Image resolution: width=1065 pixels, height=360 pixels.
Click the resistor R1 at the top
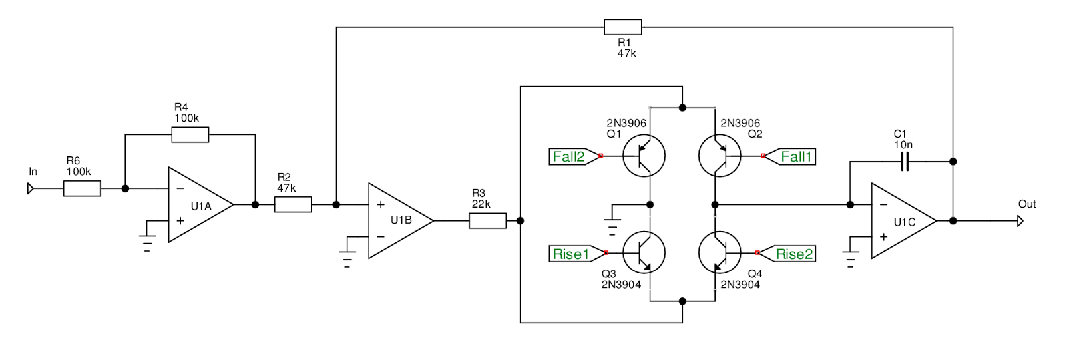[622, 27]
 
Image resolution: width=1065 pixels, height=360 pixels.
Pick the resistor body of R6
[82, 189]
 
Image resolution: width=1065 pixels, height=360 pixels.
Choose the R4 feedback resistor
[190, 135]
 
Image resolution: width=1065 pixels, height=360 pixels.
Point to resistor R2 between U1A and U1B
[293, 204]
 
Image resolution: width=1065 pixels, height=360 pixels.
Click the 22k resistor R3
[487, 220]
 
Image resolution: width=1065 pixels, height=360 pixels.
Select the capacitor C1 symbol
[904, 161]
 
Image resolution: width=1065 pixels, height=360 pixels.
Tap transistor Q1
[644, 156]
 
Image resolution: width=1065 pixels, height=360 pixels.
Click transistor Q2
[720, 156]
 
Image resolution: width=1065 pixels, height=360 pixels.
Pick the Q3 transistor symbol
[644, 253]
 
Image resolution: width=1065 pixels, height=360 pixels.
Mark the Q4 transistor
[720, 253]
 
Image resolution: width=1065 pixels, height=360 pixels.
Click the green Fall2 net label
[569, 156]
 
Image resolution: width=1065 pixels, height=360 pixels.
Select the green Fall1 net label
[796, 156]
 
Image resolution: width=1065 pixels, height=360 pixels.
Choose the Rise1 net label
[572, 254]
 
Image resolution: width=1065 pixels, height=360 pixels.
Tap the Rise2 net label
[793, 254]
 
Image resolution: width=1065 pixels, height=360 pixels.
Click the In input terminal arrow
[31, 189]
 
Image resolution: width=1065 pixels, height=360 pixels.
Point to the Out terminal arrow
[1020, 220]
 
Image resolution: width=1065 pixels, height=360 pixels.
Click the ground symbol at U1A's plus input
[146, 241]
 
